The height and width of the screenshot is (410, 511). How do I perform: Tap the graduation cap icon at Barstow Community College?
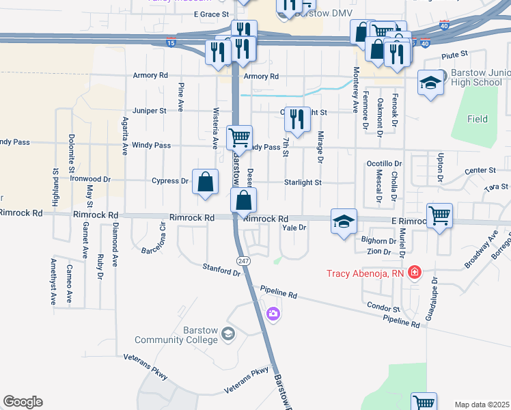pyautogui.click(x=228, y=334)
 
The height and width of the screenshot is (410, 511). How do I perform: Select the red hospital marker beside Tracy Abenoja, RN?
pyautogui.click(x=413, y=273)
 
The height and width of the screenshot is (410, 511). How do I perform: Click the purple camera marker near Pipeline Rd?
pyautogui.click(x=273, y=314)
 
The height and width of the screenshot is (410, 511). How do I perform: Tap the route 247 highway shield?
pyautogui.click(x=243, y=262)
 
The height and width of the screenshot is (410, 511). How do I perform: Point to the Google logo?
pyautogui.click(x=23, y=402)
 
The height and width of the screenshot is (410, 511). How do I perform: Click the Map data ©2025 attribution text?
pyautogui.click(x=482, y=405)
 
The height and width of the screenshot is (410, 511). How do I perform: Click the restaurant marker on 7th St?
pyautogui.click(x=296, y=120)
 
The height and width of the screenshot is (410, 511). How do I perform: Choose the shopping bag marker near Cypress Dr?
pyautogui.click(x=205, y=182)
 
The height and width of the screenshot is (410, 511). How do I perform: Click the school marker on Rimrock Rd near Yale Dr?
pyautogui.click(x=344, y=221)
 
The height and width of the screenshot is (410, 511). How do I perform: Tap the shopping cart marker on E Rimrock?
pyautogui.click(x=439, y=216)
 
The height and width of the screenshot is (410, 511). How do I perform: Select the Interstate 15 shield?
pyautogui.click(x=170, y=43)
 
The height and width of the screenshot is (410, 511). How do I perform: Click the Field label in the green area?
pyautogui.click(x=478, y=119)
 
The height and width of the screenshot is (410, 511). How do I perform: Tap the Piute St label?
pyautogui.click(x=454, y=53)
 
